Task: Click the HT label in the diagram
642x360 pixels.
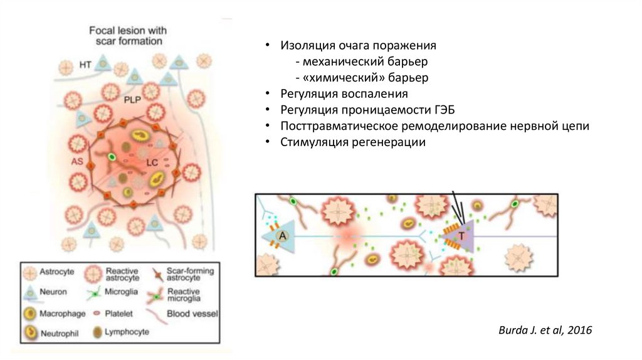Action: (x=86, y=65)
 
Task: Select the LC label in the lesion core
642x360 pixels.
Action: (x=152, y=162)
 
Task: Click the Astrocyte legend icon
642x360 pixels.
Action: (x=30, y=273)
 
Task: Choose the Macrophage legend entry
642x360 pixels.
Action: (x=60, y=312)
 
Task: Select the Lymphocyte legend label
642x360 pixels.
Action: (x=127, y=332)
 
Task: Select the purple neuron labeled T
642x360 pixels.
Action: (x=462, y=236)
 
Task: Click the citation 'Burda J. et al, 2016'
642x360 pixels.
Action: (x=545, y=330)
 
